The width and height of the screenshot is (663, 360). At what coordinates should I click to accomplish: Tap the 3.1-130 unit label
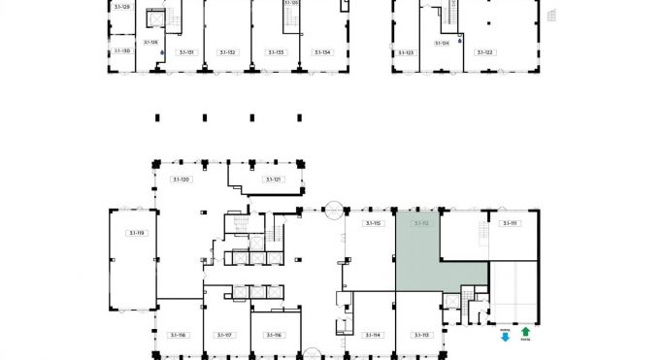[121, 50]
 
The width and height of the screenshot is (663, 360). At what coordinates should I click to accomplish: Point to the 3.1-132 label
[227, 51]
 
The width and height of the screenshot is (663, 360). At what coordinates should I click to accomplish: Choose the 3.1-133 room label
[276, 51]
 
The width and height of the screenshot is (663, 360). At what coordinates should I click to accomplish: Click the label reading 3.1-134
[322, 51]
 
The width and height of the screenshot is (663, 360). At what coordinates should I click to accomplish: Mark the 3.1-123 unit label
[405, 51]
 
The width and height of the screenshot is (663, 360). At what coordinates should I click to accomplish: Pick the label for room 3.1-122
[482, 51]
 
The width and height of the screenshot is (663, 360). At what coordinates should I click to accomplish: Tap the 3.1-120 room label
[181, 180]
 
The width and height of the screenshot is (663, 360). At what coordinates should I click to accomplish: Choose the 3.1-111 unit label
[508, 223]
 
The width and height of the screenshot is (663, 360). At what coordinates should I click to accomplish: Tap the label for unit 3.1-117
[224, 335]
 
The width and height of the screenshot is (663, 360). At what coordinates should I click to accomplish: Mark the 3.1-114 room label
[373, 335]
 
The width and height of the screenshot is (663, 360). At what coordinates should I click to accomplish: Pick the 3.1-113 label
[420, 335]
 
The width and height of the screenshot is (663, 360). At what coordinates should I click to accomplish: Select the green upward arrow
[525, 333]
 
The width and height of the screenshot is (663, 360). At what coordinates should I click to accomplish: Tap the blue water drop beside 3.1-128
[162, 53]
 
